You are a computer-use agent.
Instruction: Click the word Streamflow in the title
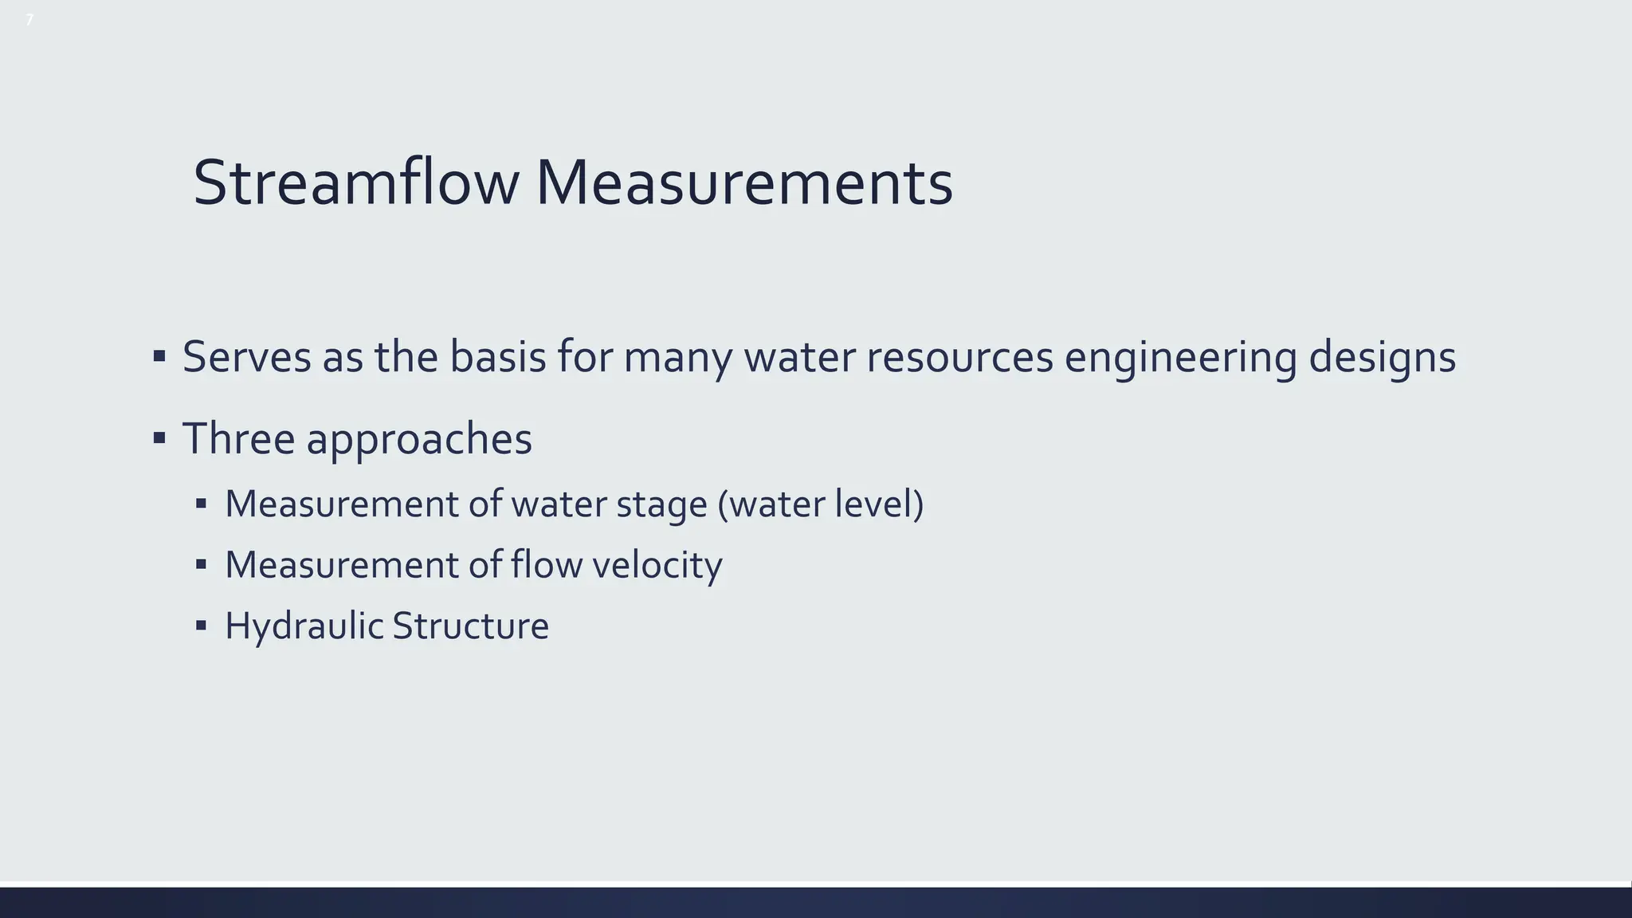(356, 183)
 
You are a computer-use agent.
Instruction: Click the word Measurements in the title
(743, 183)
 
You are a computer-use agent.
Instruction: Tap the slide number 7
(29, 20)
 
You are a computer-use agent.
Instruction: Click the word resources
(959, 356)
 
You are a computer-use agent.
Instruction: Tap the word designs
(1383, 356)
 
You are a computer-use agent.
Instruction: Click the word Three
(238, 438)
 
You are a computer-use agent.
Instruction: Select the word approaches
(419, 438)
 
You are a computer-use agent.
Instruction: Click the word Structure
(470, 626)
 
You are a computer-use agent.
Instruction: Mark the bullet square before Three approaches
(159, 437)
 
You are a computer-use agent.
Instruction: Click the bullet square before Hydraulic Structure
(201, 626)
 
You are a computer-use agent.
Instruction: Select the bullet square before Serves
(159, 355)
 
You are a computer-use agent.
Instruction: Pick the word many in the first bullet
(677, 356)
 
